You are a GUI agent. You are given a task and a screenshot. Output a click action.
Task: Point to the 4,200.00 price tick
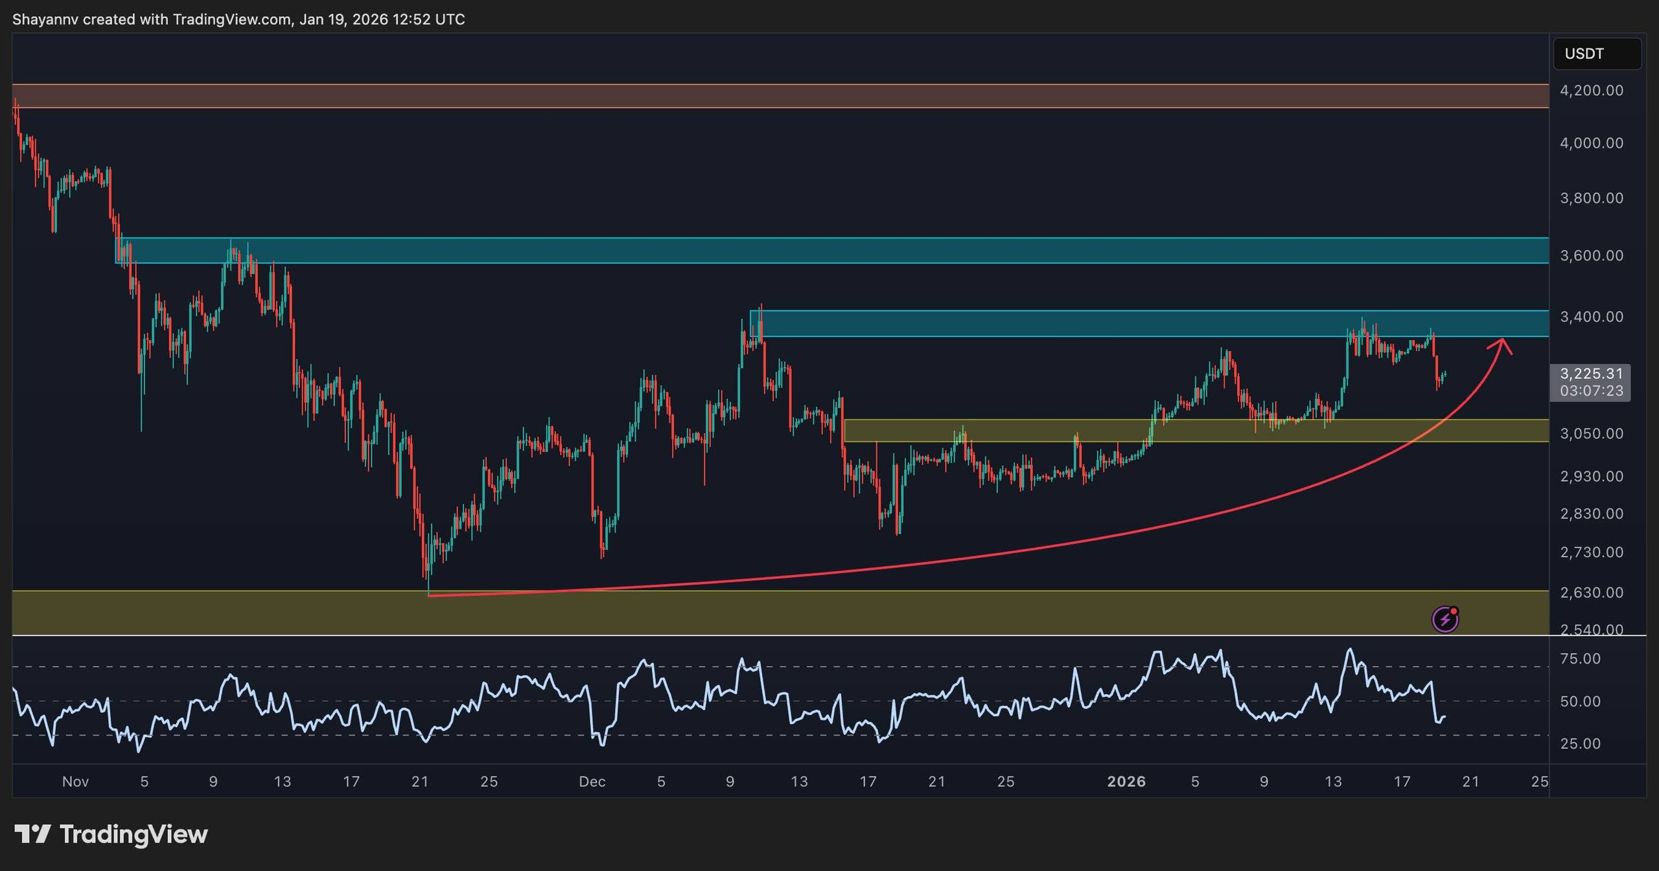(1592, 91)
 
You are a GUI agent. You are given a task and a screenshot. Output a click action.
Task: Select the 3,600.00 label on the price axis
(1592, 256)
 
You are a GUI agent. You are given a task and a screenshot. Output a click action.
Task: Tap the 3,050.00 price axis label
(1592, 434)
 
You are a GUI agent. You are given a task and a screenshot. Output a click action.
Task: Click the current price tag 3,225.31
(1591, 374)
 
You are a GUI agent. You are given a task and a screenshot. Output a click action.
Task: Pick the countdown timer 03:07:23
(1591, 391)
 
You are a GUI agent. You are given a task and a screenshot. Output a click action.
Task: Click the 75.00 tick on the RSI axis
(1581, 659)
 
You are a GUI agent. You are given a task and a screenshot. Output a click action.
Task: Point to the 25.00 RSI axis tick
(1581, 744)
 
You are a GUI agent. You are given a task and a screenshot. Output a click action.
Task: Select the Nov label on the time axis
(75, 782)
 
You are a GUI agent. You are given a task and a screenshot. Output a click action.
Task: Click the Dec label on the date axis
(592, 782)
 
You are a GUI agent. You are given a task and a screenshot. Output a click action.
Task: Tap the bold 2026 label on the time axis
(1126, 782)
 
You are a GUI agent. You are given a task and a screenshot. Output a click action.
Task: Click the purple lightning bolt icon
(1445, 620)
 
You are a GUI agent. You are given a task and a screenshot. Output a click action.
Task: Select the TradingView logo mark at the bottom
(32, 834)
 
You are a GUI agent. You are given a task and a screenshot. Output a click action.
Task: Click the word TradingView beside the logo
(133, 834)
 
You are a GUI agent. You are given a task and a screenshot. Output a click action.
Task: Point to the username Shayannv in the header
(45, 19)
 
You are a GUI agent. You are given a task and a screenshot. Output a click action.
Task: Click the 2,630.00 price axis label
(1592, 593)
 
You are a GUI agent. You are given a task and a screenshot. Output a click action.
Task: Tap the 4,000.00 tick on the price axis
(1592, 143)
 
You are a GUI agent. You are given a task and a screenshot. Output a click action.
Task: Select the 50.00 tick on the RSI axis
(1581, 702)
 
